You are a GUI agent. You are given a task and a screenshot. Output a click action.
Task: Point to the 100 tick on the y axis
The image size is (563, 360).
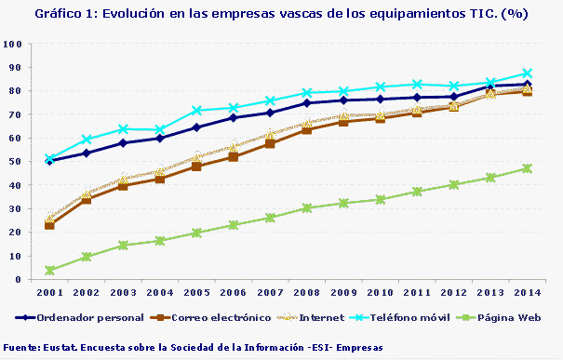(x=12, y=45)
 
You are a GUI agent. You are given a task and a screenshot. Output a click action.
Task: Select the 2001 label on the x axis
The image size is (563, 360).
(x=49, y=292)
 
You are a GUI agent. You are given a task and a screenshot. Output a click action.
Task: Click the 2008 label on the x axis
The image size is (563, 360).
(x=306, y=292)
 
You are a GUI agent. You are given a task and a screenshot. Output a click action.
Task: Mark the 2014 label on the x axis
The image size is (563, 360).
(x=527, y=292)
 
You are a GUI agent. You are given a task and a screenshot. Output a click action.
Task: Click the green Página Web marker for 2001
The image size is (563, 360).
(x=49, y=270)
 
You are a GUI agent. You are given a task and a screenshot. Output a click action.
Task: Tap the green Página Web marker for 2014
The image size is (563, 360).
(x=527, y=168)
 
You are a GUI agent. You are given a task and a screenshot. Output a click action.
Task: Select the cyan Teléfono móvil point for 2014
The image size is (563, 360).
(x=527, y=73)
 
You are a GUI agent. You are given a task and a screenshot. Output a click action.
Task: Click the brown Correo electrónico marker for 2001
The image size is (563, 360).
(x=49, y=225)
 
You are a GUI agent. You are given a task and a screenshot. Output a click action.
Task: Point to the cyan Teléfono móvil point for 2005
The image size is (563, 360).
(x=196, y=111)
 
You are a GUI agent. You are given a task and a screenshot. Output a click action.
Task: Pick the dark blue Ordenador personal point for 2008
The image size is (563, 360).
(x=306, y=103)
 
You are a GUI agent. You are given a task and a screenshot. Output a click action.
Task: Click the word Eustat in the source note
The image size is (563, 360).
(x=60, y=347)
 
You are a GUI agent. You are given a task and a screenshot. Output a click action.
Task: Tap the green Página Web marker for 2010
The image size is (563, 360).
(x=380, y=199)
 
